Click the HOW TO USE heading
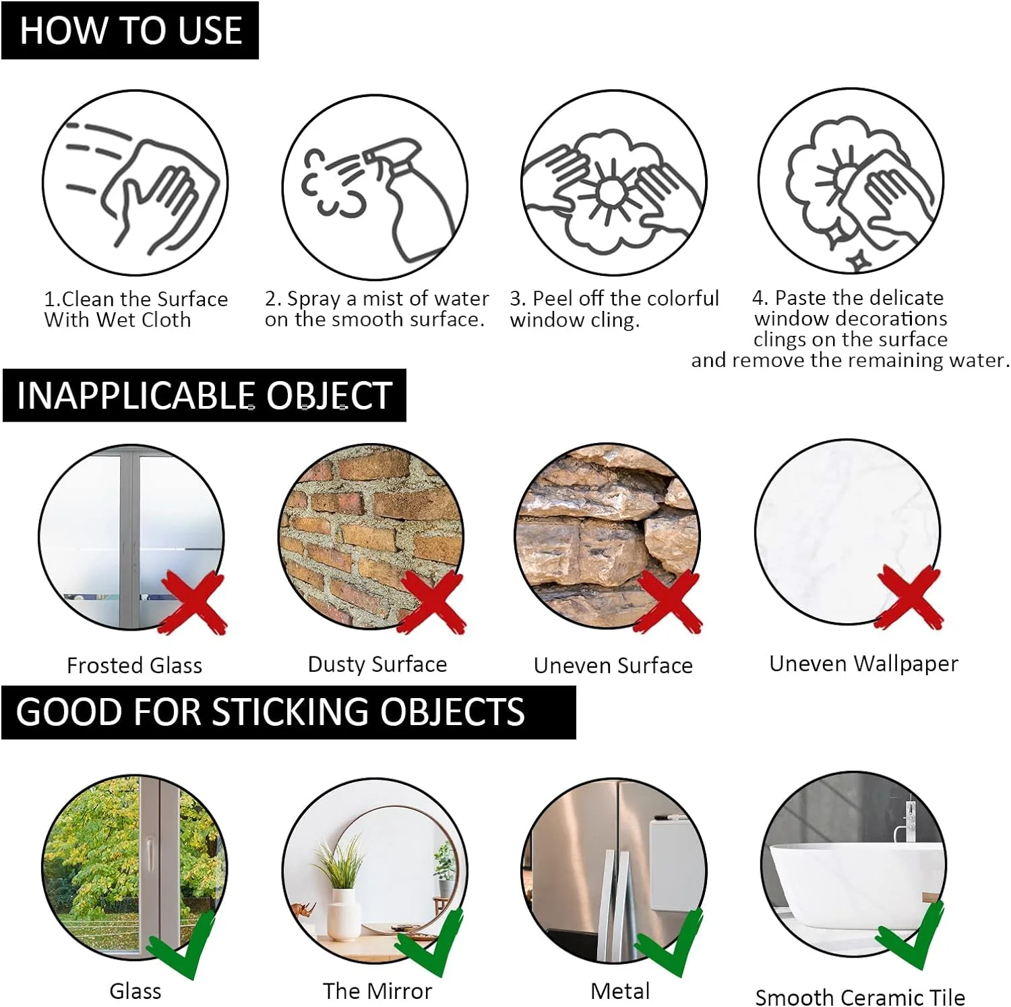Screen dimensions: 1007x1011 (x=130, y=31)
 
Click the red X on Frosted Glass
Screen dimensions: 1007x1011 (x=193, y=602)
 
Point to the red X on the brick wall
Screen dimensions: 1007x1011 (x=431, y=602)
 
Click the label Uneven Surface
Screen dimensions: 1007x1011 (x=613, y=666)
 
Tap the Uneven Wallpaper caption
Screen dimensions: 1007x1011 (x=863, y=664)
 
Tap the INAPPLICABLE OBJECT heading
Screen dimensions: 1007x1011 (x=204, y=396)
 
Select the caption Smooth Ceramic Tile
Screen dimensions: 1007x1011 (x=859, y=997)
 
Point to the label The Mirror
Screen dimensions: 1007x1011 (x=377, y=991)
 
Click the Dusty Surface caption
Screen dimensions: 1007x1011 (x=377, y=664)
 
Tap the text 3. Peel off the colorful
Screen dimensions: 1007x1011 (x=614, y=298)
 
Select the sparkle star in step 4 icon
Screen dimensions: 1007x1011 (x=858, y=260)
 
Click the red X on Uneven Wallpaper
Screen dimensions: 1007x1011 (x=910, y=598)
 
